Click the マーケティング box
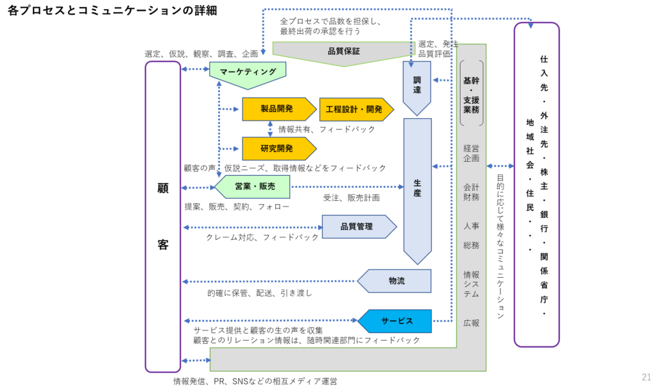(248, 72)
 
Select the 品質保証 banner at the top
(344, 51)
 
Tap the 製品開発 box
(277, 109)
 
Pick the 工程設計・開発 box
(354, 110)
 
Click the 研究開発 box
(277, 149)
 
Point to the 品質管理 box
(357, 226)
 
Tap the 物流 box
(397, 281)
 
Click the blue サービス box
(397, 321)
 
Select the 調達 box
(417, 85)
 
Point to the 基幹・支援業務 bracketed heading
(472, 95)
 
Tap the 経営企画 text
(472, 153)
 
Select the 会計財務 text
(472, 192)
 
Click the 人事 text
(472, 226)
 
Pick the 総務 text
(472, 246)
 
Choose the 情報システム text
(472, 284)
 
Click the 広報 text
(472, 323)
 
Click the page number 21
(646, 377)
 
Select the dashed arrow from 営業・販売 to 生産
(346, 187)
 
